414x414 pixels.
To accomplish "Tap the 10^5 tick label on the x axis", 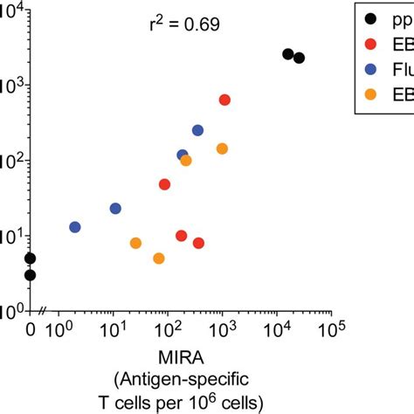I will tap(331, 331).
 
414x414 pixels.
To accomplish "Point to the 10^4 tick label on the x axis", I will tap(278, 331).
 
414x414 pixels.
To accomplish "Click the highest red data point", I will tap(224, 100).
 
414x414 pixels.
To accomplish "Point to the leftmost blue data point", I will tap(75, 227).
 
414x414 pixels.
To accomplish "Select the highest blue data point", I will tap(197, 130).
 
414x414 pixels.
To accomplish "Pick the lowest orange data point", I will tap(159, 259).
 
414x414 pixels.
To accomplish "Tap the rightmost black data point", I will tap(299, 58).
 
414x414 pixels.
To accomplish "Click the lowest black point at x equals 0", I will tap(30, 275).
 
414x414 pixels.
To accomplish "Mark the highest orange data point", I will tap(222, 148).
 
